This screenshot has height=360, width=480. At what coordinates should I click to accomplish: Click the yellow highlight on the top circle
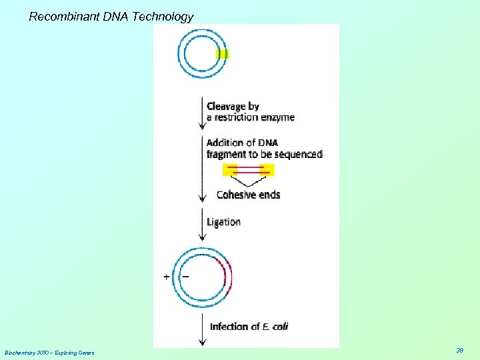pos(223,53)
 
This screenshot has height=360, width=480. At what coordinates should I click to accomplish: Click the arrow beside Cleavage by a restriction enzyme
pos(203,113)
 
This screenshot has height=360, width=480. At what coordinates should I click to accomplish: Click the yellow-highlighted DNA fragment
pos(248,170)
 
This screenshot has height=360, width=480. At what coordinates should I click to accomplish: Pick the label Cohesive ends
pos(248,195)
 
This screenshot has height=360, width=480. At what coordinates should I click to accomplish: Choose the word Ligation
pos(223,221)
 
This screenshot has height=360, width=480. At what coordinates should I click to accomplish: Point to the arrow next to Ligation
pos(203,225)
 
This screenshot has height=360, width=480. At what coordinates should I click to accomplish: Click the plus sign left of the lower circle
pos(166,277)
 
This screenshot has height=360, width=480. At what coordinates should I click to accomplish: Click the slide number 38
pos(459,350)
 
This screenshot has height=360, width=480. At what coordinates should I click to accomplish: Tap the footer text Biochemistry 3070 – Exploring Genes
pos(49,352)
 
